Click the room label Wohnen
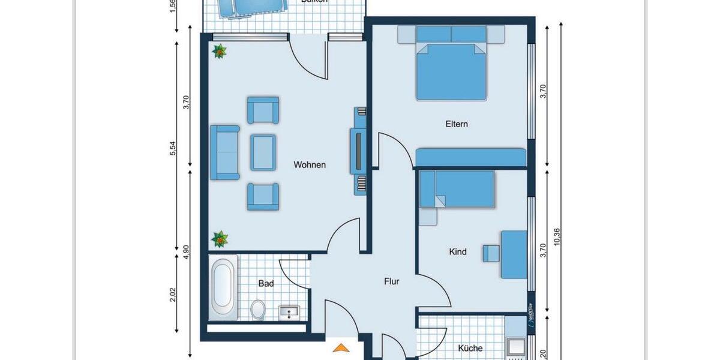pos(310,165)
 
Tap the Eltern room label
pos(457,124)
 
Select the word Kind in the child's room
pos(458,252)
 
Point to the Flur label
pos(392,281)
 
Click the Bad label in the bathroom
pos(266,284)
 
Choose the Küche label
pos(470,348)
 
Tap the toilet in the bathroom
pos(259,310)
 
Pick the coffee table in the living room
pos(263,152)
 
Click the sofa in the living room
pos(224,152)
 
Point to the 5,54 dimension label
pos(174,149)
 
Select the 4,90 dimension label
pos(187,252)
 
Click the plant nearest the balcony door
pos(220,52)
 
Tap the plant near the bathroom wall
pos(220,239)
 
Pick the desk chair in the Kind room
pos(491,253)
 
